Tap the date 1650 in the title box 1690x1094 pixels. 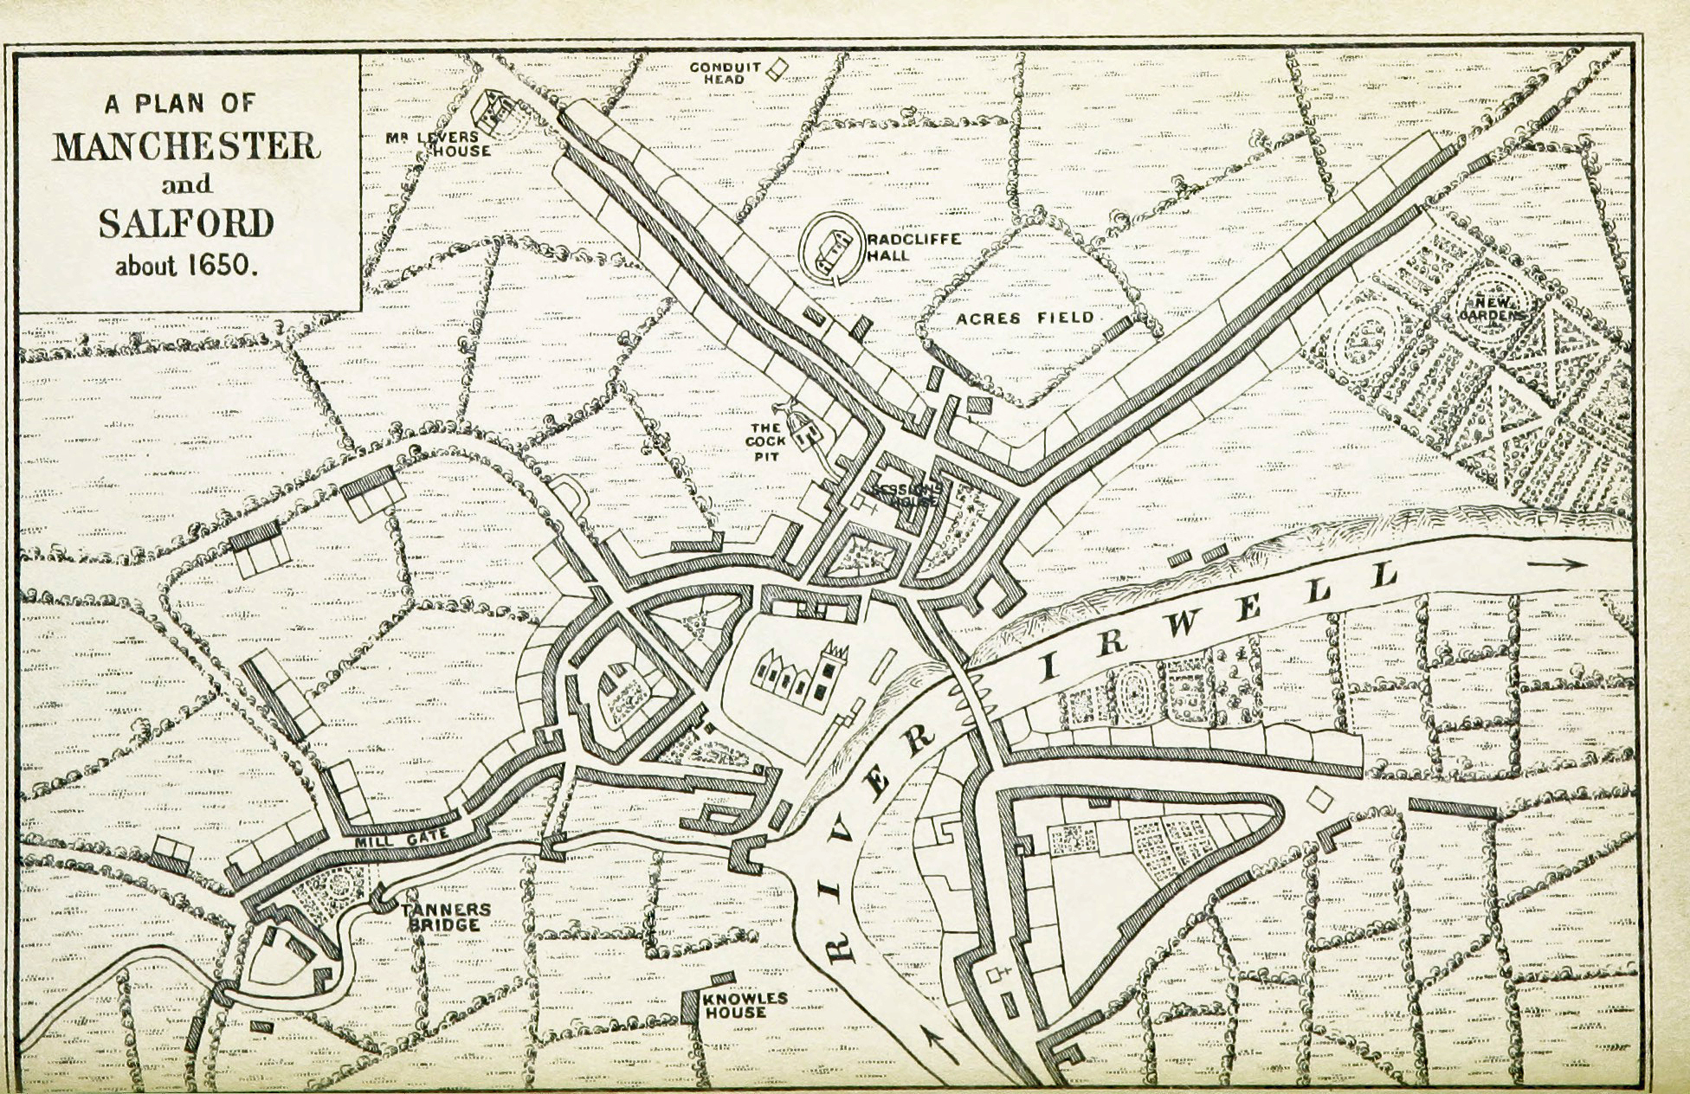tap(223, 265)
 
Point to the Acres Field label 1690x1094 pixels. tap(1024, 318)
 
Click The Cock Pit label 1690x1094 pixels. tap(766, 441)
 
